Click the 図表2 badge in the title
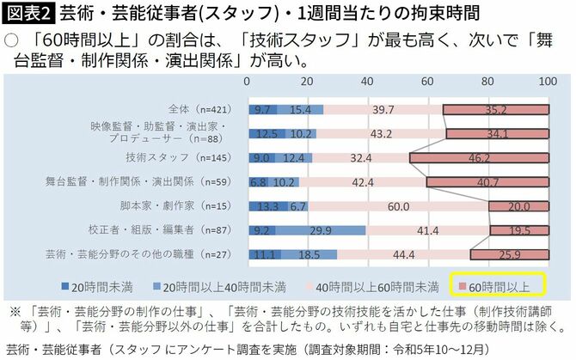pos(29,14)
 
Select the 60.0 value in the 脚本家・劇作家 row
pos(397,206)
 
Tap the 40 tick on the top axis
pos(367,81)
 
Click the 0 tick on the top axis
pos(248,81)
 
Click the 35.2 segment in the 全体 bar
pos(496,109)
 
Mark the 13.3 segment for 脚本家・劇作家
pos(267,206)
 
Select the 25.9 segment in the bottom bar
pos(509,254)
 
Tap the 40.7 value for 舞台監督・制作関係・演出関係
pos(488,182)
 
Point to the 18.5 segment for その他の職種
pos(309,254)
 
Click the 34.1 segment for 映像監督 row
pos(497,134)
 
